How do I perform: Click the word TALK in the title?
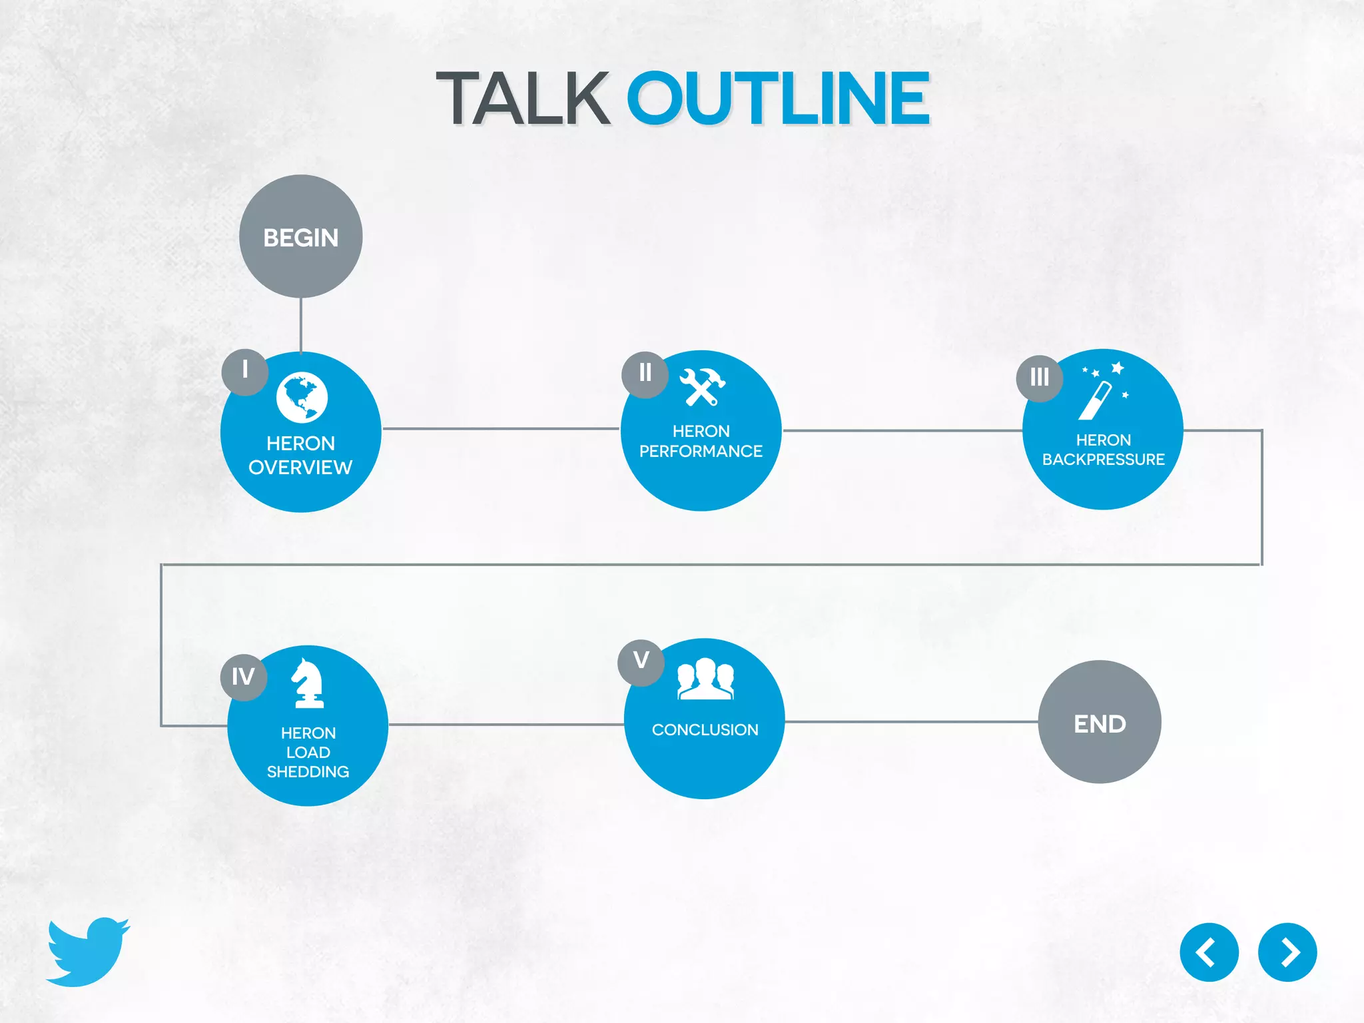coord(523,99)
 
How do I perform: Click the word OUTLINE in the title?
coord(778,99)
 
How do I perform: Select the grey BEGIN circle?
coord(301,236)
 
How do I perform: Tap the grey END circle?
coord(1100,722)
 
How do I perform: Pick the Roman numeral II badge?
coord(645,374)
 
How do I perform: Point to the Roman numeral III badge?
coord(1039,378)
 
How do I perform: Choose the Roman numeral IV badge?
coord(243,677)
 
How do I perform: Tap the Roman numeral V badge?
coord(641,662)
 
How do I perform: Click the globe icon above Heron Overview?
coord(302,398)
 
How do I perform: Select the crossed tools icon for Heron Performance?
coord(702,387)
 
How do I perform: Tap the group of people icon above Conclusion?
coord(705,679)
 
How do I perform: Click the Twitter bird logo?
coord(88,952)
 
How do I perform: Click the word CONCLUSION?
coord(705,730)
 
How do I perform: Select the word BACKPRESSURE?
coord(1103,460)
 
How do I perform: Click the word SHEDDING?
coord(308,772)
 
